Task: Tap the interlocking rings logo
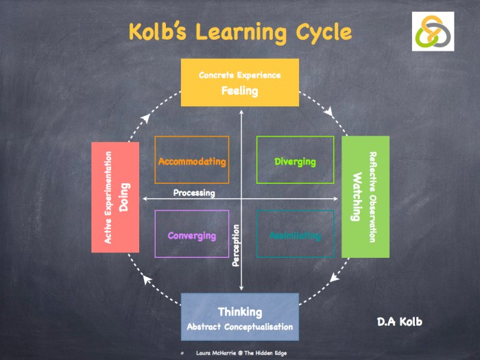[433, 32]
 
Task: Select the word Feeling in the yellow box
[239, 90]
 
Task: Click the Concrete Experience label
[239, 75]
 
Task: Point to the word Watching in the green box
[357, 197]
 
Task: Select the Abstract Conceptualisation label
[239, 326]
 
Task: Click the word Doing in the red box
[124, 197]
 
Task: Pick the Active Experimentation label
[108, 197]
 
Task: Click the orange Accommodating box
[192, 162]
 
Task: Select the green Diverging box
[295, 162]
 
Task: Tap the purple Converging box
[192, 235]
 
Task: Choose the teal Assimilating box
[295, 235]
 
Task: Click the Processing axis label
[194, 193]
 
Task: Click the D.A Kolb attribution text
[400, 321]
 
